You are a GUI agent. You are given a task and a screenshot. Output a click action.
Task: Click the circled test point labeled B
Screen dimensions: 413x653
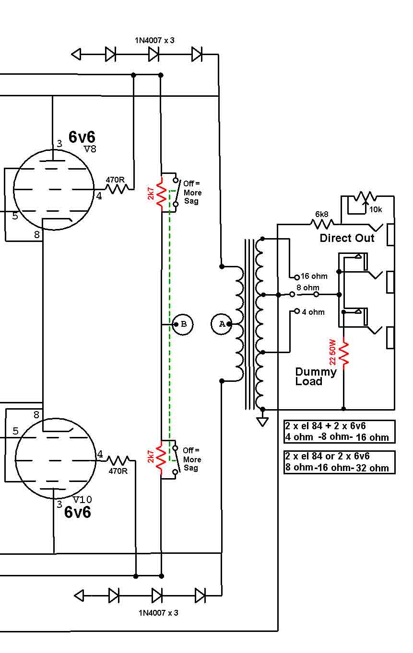[183, 324]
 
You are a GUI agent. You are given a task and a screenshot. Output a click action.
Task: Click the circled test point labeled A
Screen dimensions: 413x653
[222, 324]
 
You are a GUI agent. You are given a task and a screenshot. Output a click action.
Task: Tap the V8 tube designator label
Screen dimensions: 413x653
[90, 149]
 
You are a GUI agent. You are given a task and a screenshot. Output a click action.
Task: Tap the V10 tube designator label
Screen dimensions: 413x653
[83, 500]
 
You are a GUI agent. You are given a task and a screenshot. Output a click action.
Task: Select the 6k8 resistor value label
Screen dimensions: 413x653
[322, 214]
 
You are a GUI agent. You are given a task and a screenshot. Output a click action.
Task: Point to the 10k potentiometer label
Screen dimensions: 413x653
[376, 209]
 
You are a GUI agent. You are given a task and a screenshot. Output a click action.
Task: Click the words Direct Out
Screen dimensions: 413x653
[347, 238]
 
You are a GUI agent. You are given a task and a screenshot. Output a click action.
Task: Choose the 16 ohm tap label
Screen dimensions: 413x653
[314, 276]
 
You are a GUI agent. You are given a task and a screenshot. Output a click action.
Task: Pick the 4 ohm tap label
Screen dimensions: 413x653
[313, 312]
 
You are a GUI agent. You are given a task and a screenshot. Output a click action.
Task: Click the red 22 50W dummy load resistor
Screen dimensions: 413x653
[344, 353]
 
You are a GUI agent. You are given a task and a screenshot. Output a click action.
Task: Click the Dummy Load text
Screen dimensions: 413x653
[316, 377]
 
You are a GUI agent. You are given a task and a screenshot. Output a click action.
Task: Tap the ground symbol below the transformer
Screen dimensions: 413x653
[262, 422]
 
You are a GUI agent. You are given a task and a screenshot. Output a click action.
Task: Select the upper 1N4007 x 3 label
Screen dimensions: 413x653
[154, 40]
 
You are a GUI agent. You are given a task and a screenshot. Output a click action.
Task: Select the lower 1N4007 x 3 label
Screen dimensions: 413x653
[158, 613]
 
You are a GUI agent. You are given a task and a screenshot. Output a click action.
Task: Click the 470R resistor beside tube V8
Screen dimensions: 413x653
[117, 189]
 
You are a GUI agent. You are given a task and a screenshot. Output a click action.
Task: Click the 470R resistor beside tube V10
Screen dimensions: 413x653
[118, 460]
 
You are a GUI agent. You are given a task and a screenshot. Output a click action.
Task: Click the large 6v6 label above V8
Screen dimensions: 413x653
[82, 137]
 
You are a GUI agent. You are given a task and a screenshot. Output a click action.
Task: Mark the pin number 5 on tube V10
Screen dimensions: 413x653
[15, 431]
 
